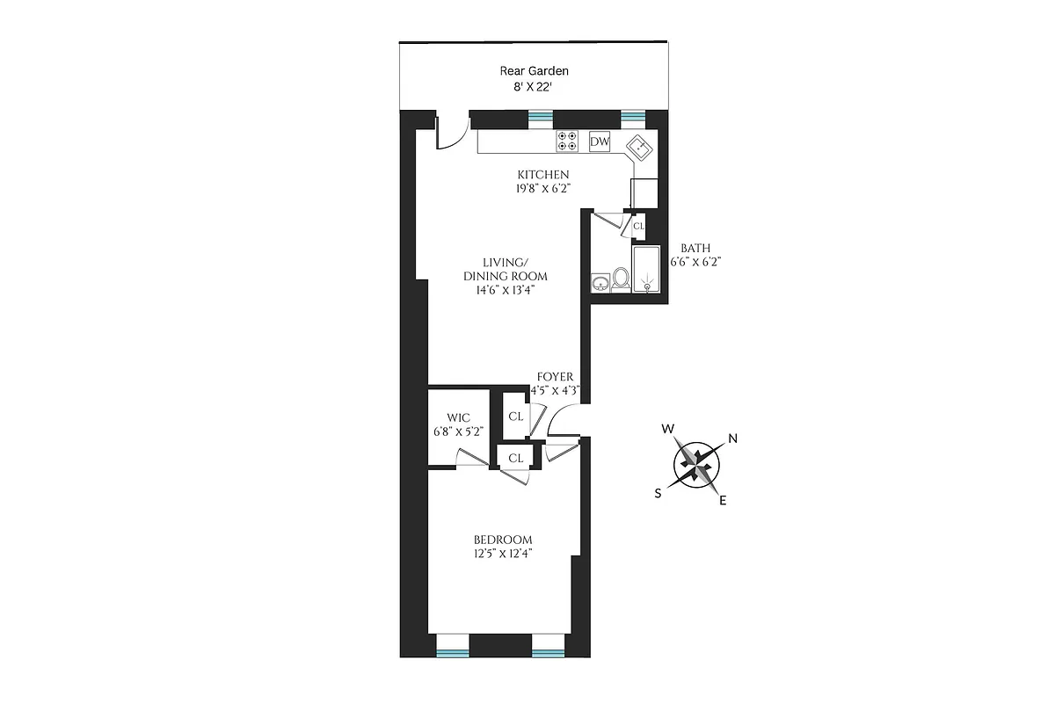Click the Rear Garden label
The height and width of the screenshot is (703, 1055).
point(535,71)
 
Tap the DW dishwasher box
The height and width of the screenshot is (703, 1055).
point(600,141)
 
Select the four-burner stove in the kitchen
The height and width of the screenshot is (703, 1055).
point(567,141)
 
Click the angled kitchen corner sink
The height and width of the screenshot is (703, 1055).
point(640,147)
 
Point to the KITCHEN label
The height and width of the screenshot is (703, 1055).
point(542,174)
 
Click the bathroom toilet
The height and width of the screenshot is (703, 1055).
point(621,279)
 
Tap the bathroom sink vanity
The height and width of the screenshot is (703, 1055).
point(601,282)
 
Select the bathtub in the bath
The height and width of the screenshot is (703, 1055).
point(646,269)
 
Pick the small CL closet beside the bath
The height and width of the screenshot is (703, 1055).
point(639,226)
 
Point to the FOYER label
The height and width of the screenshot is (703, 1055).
point(555,377)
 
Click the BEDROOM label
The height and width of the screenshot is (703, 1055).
point(503,540)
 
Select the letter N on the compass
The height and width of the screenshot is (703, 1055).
point(731,439)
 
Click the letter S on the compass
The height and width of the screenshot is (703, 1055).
point(658,493)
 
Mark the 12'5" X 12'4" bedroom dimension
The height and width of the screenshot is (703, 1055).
point(503,554)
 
